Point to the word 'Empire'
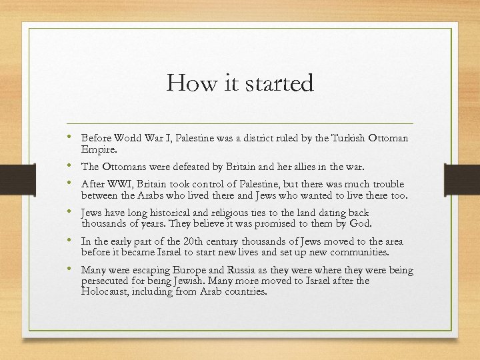(97, 150)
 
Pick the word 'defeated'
(179, 167)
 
